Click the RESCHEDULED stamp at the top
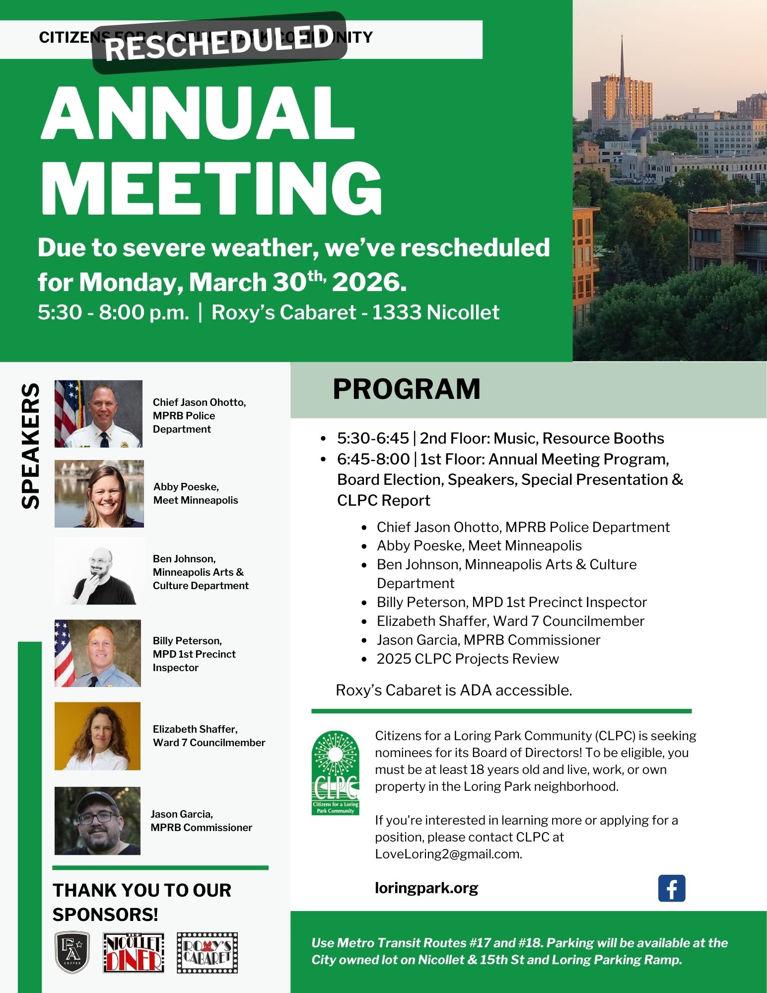tap(219, 43)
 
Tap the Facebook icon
tap(671, 888)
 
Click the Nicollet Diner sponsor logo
tap(134, 952)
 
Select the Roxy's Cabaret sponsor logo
tap(208, 952)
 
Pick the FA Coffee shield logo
tap(72, 952)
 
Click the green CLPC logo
tap(335, 772)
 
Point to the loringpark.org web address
tap(426, 888)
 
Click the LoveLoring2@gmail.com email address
tap(448, 854)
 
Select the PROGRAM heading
tap(407, 388)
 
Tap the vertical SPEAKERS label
tap(31, 446)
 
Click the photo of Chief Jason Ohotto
tap(98, 414)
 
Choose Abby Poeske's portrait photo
tap(99, 494)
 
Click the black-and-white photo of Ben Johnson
tap(99, 571)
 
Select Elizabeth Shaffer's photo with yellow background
tap(97, 736)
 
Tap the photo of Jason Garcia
tap(97, 821)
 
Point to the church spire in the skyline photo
tap(622, 75)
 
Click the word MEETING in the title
tap(211, 188)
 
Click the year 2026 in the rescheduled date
tap(369, 282)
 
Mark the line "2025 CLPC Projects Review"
tap(467, 659)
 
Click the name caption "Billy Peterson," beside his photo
tap(187, 640)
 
